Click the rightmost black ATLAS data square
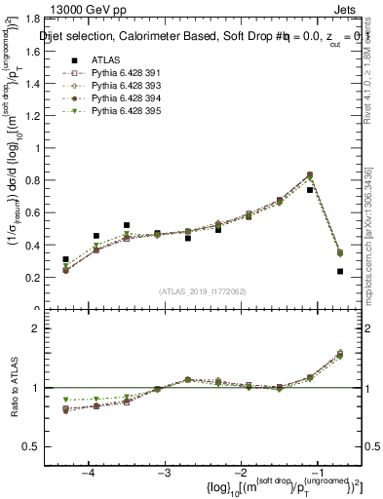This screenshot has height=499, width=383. click(340, 272)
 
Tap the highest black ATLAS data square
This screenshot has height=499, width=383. click(310, 190)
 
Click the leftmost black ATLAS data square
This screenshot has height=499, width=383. click(65, 260)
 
